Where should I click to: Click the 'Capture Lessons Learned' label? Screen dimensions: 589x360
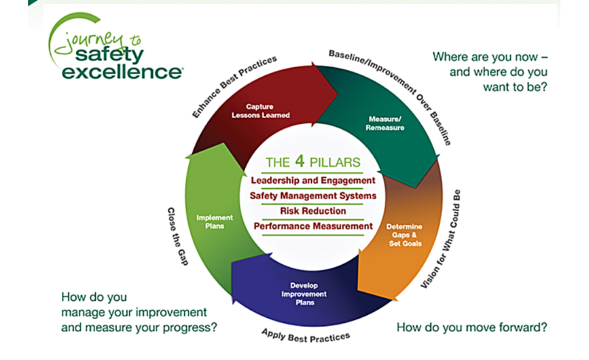[x=260, y=111]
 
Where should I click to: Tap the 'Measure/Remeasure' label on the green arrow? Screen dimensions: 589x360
[x=385, y=123]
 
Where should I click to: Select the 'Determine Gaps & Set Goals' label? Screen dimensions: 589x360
[x=404, y=235]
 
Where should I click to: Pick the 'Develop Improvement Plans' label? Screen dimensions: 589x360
[x=304, y=294]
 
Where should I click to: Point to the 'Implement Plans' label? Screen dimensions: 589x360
[x=215, y=222]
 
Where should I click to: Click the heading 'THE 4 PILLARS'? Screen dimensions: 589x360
[x=313, y=162]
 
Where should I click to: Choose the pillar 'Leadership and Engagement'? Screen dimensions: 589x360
[x=313, y=181]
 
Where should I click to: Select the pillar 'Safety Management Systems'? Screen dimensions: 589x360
[x=313, y=196]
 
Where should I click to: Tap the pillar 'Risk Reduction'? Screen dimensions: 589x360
[x=313, y=211]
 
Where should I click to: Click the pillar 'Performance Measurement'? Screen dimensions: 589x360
[x=313, y=226]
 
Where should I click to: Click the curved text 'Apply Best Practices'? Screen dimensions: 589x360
[x=306, y=336]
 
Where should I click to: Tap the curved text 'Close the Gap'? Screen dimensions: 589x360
[x=177, y=237]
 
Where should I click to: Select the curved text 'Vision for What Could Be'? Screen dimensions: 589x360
[x=440, y=240]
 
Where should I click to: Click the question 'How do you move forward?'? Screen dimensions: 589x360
[x=472, y=327]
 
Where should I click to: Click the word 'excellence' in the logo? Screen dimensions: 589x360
[x=122, y=72]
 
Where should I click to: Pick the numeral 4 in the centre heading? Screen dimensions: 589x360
[x=299, y=161]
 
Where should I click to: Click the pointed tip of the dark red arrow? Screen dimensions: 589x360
[x=336, y=94]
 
